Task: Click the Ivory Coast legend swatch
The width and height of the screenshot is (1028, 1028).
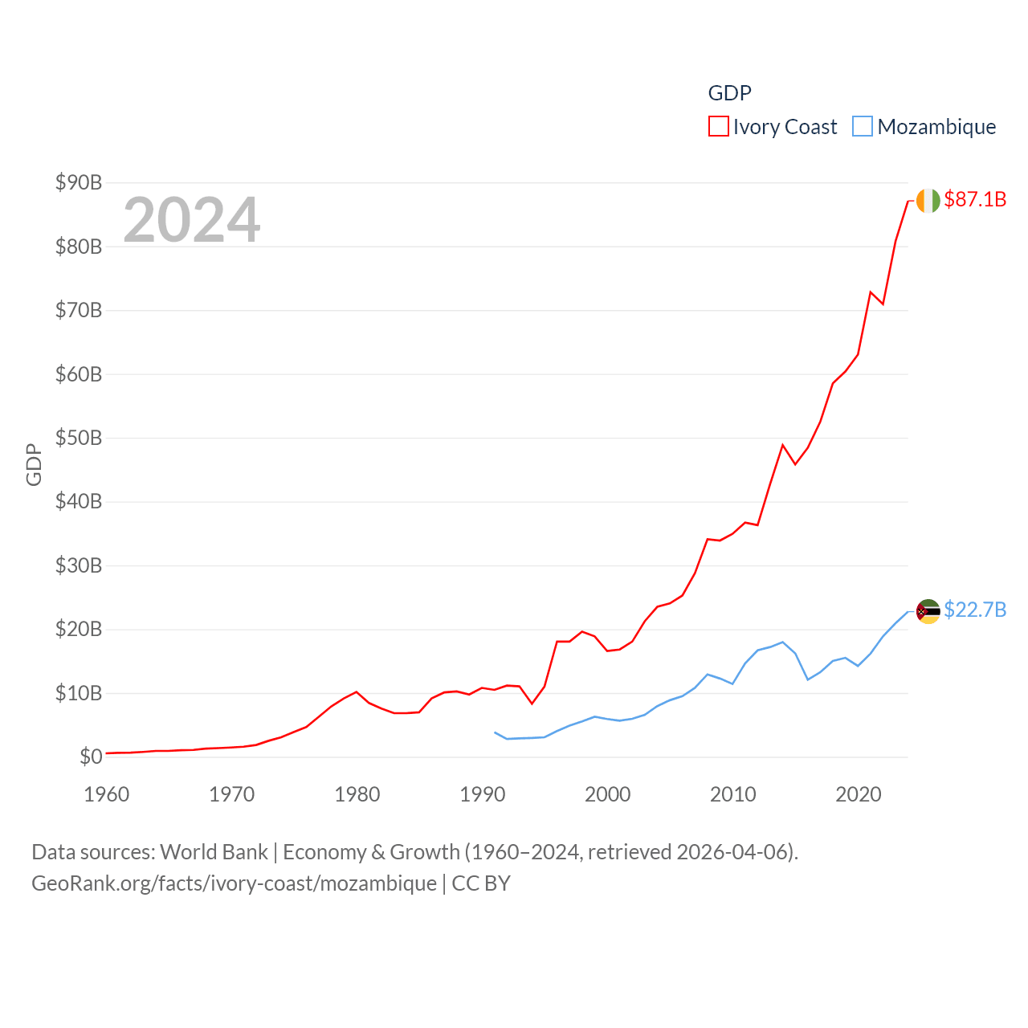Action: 718,127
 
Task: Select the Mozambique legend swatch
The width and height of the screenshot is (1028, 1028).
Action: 862,127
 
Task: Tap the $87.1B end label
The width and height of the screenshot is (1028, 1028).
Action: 975,199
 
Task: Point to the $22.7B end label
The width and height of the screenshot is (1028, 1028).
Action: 975,610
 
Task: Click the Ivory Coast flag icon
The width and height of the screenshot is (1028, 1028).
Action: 928,201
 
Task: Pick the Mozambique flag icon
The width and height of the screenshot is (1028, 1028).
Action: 928,611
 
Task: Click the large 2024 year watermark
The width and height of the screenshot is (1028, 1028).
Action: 191,219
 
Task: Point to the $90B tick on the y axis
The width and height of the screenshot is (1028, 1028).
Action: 79,182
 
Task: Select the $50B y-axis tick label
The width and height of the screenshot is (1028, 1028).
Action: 79,438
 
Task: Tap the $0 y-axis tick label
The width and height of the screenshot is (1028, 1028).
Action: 91,757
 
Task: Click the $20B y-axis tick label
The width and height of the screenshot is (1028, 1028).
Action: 79,629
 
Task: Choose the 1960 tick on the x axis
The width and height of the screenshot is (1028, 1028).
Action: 107,794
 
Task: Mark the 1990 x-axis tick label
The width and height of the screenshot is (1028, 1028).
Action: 483,794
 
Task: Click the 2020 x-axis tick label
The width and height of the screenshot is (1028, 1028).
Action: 859,794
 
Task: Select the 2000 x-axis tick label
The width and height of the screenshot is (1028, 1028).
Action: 608,794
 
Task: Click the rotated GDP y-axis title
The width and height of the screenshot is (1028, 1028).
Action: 34,464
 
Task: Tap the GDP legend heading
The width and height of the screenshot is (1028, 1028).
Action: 729,93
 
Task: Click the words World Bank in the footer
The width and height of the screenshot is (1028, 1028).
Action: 214,851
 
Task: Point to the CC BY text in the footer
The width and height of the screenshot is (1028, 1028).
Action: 481,883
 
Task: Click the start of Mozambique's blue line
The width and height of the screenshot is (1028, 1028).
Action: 495,732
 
